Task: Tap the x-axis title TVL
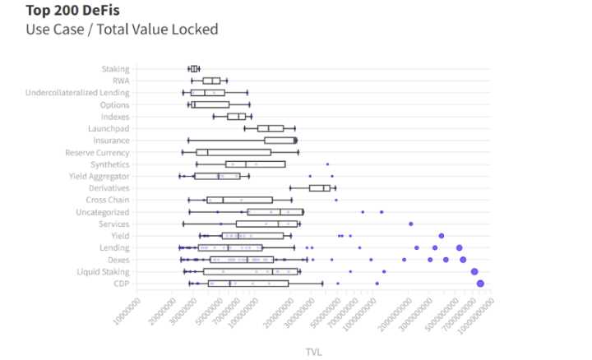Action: tap(313, 351)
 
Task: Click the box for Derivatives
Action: tap(319, 188)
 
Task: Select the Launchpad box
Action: tap(271, 128)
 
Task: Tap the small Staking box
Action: tap(194, 69)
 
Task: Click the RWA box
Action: tap(211, 81)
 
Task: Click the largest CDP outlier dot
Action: tap(480, 284)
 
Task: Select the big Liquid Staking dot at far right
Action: tap(474, 271)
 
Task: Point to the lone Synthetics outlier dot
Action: tap(327, 164)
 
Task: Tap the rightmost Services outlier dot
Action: tap(411, 224)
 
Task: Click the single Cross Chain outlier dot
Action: tap(336, 200)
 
